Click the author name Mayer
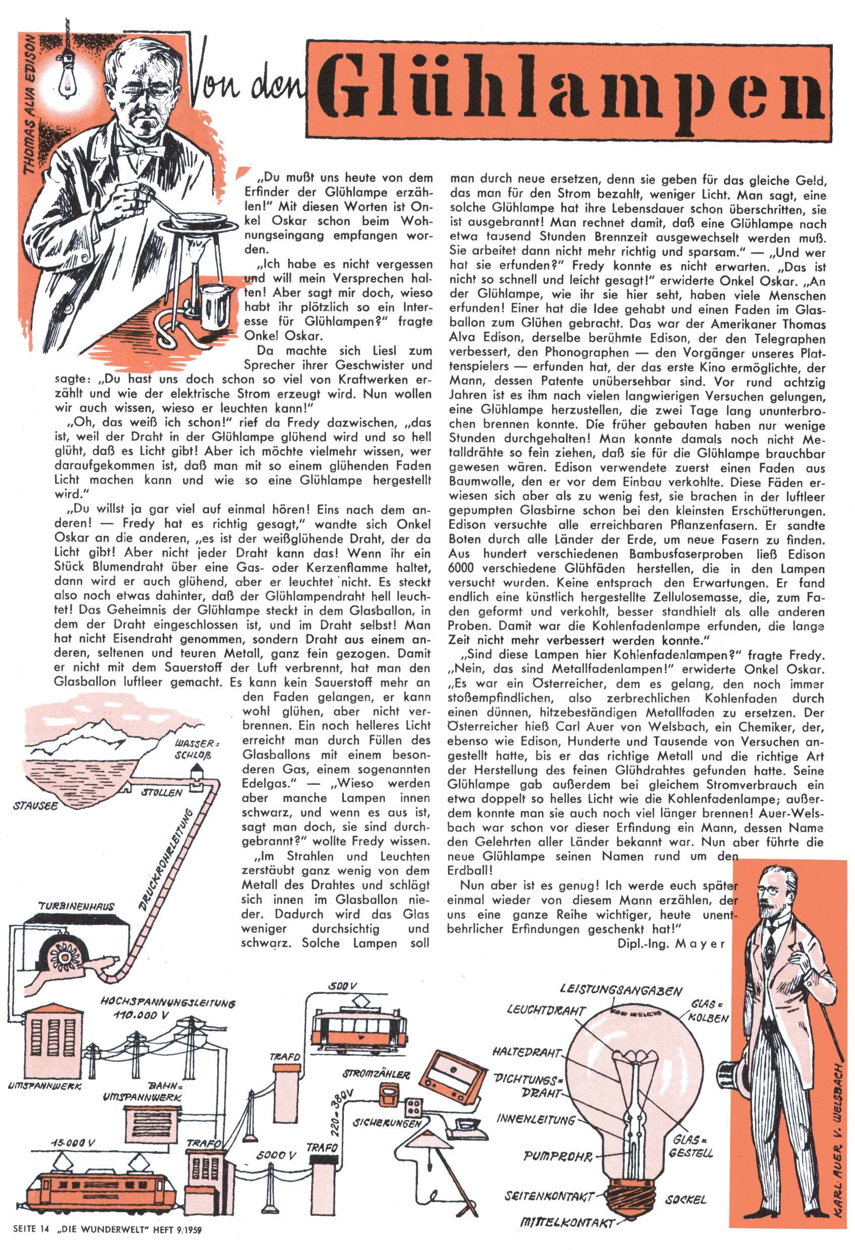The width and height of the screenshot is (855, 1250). [700, 944]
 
